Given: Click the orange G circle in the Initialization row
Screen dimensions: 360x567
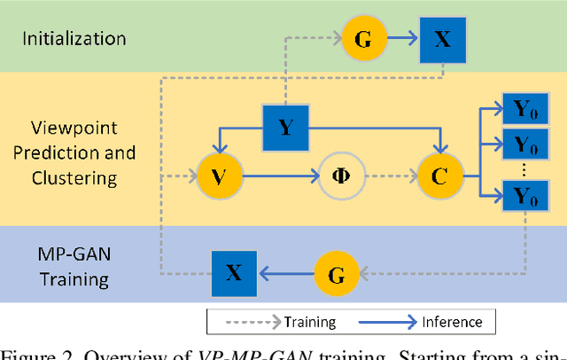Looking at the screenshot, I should (x=362, y=38).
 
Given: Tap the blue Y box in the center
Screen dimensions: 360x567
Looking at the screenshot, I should (x=285, y=128).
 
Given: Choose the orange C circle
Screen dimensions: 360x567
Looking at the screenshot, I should (x=439, y=176).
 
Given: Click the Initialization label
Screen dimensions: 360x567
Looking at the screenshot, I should (x=74, y=38).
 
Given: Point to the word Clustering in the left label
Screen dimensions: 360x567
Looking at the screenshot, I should (x=74, y=177).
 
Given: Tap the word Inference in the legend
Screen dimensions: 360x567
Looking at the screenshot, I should (x=451, y=321).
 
